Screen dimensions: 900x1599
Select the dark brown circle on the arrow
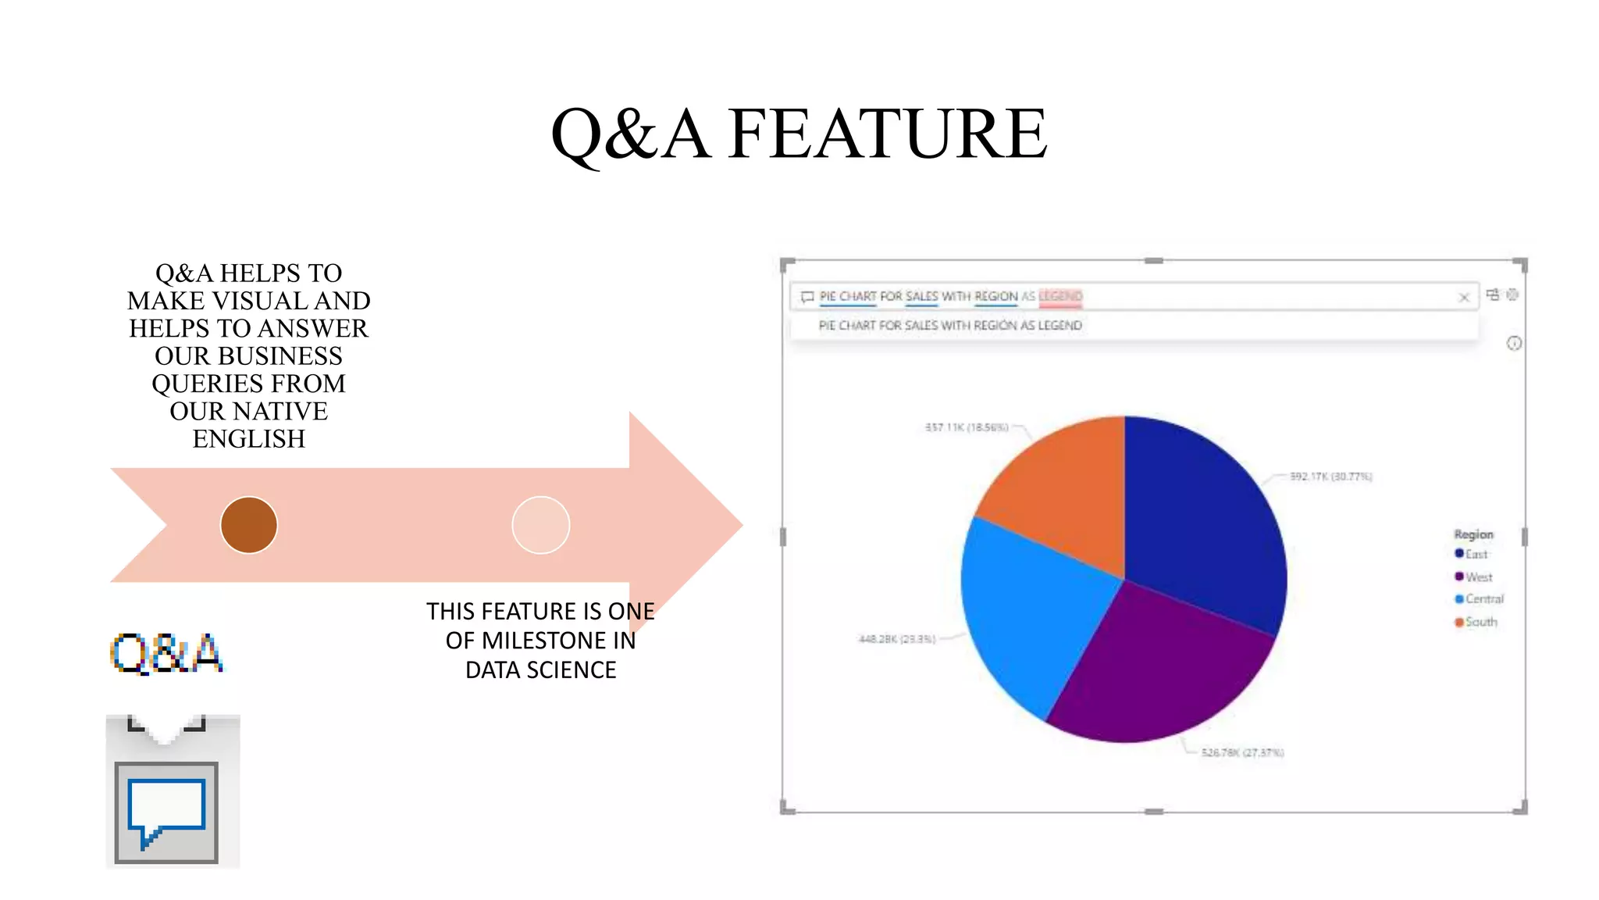pos(249,525)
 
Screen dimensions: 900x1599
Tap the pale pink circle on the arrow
pos(540,525)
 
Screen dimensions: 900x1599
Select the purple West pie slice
pos(1156,664)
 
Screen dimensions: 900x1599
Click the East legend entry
pos(1471,554)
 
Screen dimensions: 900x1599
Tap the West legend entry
pos(1473,577)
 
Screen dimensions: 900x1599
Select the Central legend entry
pos(1479,599)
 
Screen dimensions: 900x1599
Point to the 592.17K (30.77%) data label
pos(1330,477)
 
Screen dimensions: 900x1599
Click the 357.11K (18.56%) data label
pos(967,427)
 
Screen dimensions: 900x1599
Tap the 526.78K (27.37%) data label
pos(1242,752)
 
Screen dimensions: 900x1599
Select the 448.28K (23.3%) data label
pos(896,639)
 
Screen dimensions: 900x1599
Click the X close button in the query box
pos(1464,297)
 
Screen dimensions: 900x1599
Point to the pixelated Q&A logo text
pos(166,653)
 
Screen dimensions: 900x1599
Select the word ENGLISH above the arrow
pos(249,439)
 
